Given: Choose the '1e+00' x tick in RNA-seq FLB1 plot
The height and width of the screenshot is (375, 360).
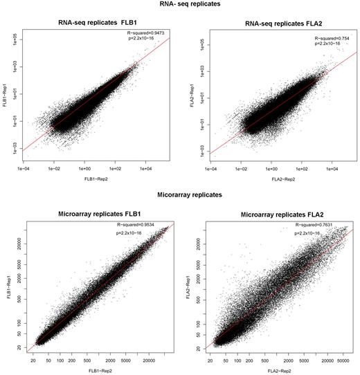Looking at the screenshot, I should [x=85, y=166].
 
